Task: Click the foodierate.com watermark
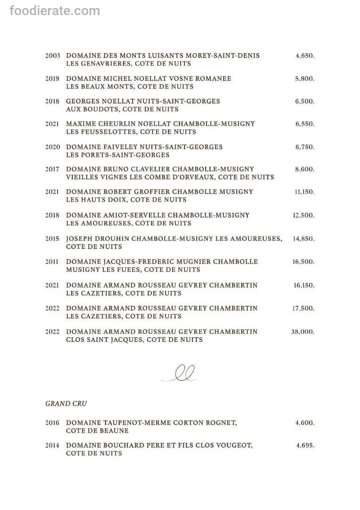point(55,10)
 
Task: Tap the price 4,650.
point(305,56)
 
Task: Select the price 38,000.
point(303,332)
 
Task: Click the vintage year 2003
point(53,56)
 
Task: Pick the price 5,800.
point(305,79)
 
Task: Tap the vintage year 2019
point(53,79)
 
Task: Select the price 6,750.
point(305,147)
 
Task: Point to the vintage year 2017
point(53,169)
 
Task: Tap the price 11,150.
point(304,192)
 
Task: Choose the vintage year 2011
point(53,262)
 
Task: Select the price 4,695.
point(305,445)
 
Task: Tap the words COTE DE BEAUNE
point(97,431)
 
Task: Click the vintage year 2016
point(53,423)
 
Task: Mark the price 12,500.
point(303,215)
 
